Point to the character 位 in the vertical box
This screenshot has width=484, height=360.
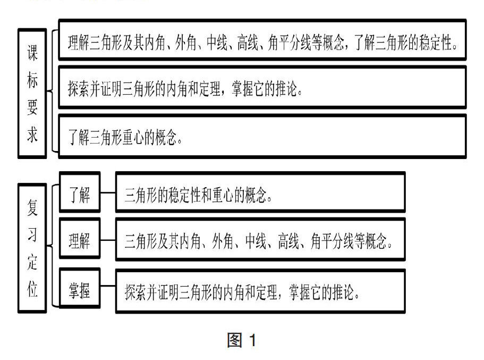pos(32,290)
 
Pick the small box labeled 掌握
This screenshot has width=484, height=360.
pos(80,290)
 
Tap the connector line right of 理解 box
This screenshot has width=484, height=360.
pos(108,240)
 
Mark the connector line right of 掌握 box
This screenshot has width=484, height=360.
pos(108,289)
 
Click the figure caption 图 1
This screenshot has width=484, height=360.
pos(241,340)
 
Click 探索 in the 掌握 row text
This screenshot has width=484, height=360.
pos(137,291)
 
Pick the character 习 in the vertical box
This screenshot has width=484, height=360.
pos(32,235)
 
